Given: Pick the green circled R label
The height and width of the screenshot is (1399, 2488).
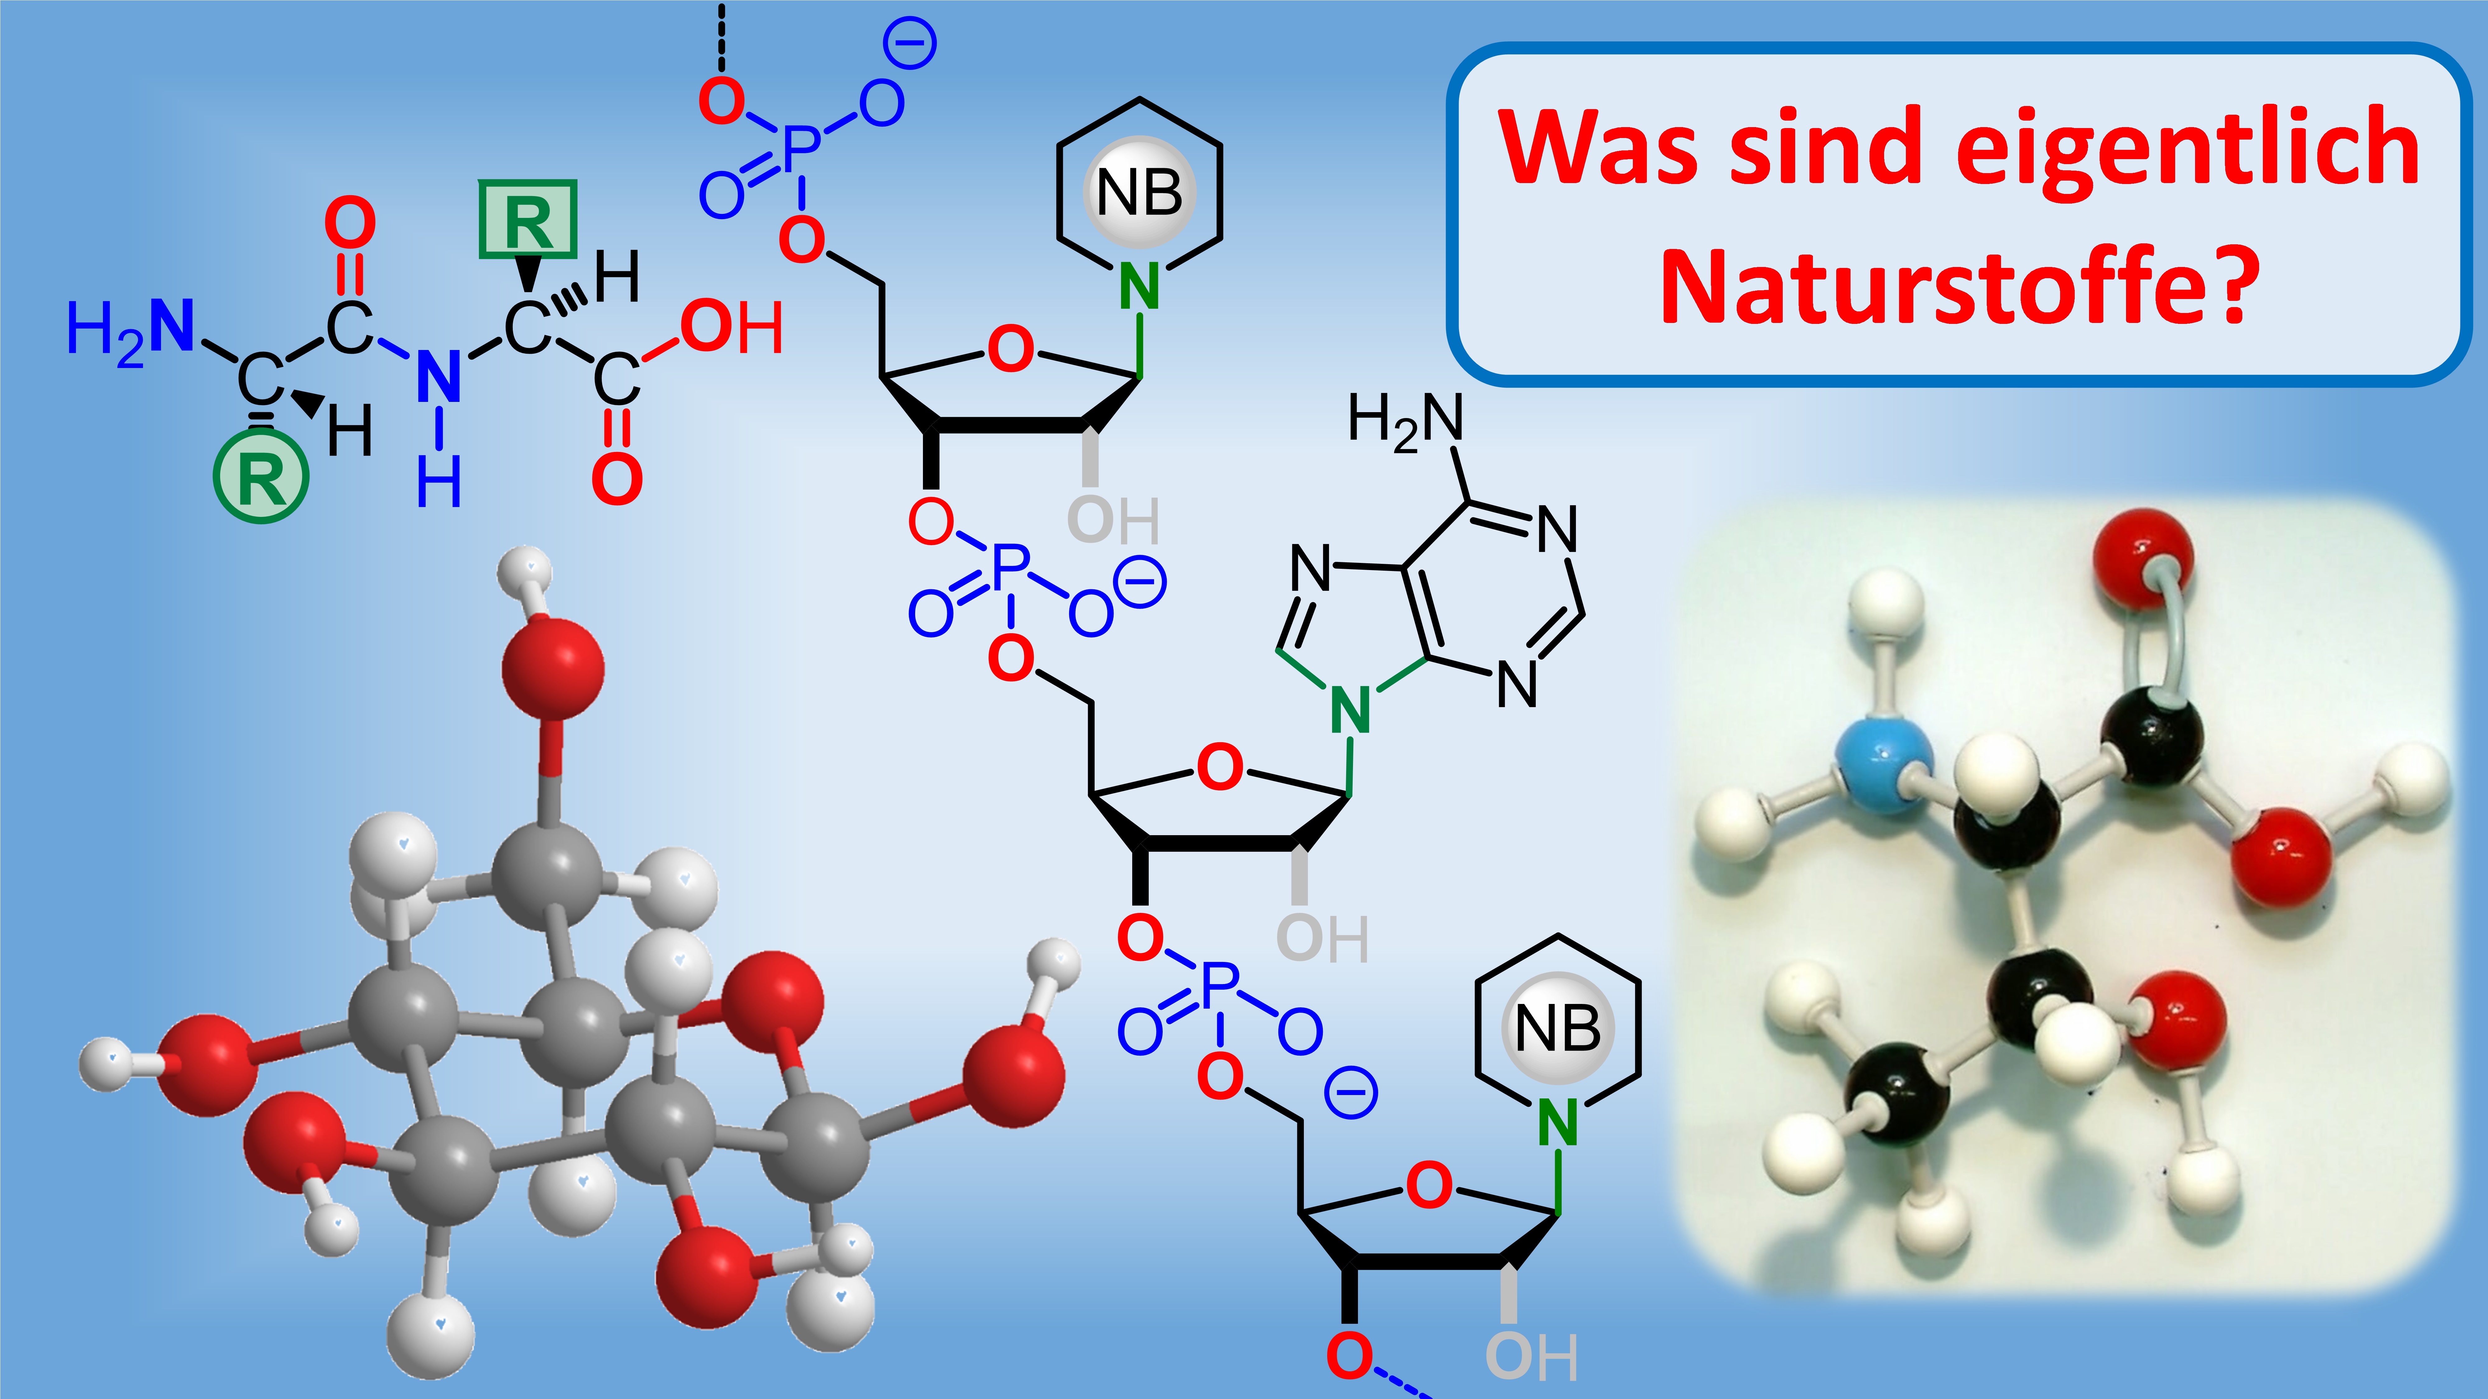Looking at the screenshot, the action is pyautogui.click(x=261, y=477).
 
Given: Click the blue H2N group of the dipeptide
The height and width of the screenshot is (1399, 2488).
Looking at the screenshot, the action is pyautogui.click(x=130, y=331).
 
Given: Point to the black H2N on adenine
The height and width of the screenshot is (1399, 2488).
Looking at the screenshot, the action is pyautogui.click(x=1405, y=422).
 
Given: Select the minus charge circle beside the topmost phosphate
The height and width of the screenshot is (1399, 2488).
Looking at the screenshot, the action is pyautogui.click(x=910, y=44).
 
